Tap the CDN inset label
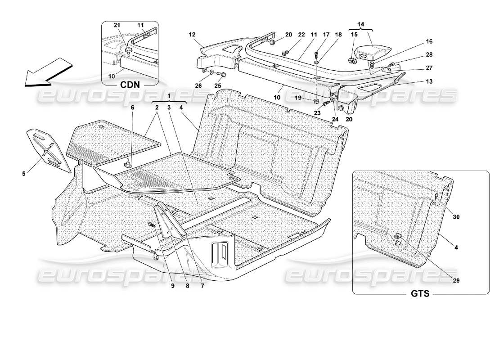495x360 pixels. tap(130, 84)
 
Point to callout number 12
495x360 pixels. tap(192, 34)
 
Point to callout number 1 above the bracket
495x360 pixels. tap(169, 96)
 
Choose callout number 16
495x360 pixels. tap(428, 42)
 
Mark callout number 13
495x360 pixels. tap(429, 81)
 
